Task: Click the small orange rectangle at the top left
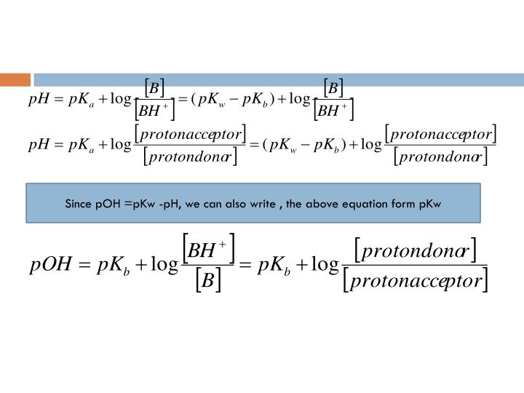click(x=15, y=79)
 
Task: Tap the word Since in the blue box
click(x=78, y=203)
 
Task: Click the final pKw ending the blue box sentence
click(x=429, y=203)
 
